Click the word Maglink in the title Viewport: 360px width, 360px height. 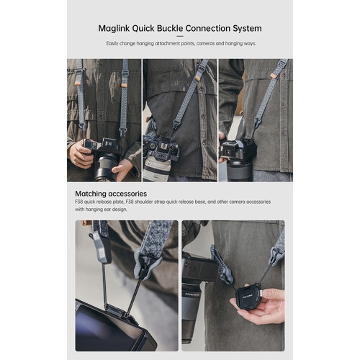(x=114, y=29)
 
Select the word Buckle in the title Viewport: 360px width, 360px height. (x=170, y=28)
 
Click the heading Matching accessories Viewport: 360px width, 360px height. (x=111, y=194)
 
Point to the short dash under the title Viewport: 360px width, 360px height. (x=180, y=37)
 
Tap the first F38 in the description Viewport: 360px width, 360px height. (x=79, y=202)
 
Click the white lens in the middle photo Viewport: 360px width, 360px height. (x=156, y=170)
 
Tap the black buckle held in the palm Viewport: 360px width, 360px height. (x=248, y=298)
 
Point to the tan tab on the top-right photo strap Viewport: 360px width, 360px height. (x=273, y=76)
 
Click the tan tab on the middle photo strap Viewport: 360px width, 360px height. (x=197, y=78)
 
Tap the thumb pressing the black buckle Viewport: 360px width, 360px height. (x=272, y=294)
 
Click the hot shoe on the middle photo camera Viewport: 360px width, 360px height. (x=164, y=145)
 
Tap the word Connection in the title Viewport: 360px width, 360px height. (x=204, y=28)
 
